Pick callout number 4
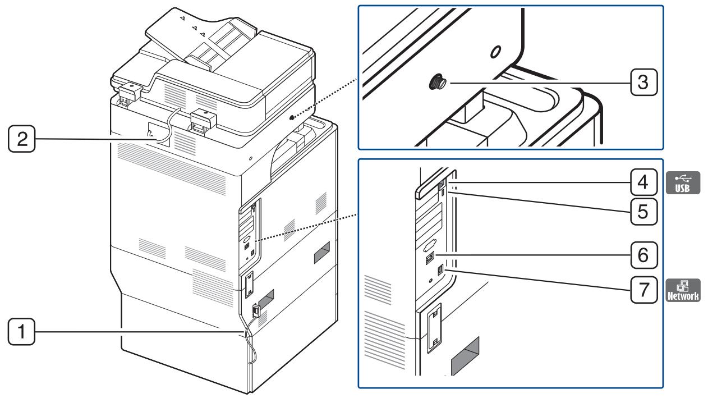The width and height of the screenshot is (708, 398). (642, 183)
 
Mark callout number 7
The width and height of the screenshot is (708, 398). (642, 290)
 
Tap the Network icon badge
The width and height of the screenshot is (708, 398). (683, 290)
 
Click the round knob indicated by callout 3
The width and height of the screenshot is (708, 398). (437, 83)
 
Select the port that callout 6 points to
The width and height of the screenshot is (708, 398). (430, 256)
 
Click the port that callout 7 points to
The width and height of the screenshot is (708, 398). (440, 270)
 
